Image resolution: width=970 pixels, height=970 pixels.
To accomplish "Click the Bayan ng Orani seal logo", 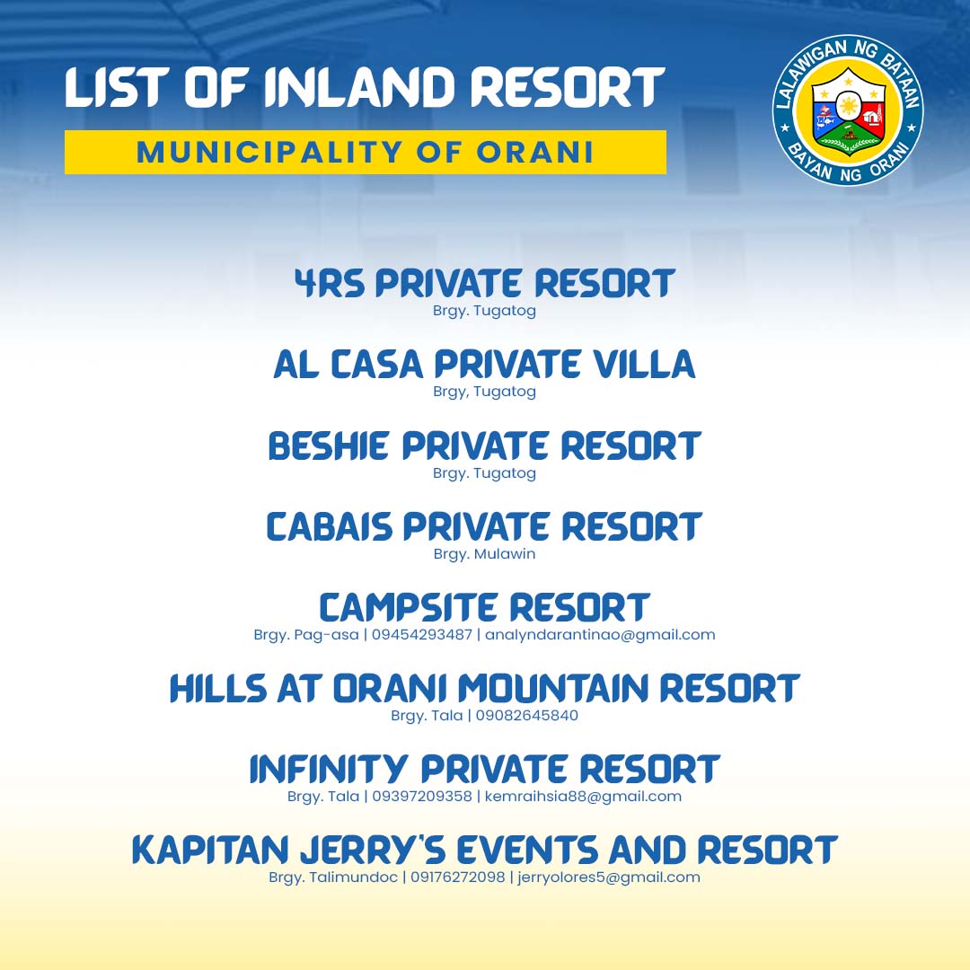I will pos(848,110).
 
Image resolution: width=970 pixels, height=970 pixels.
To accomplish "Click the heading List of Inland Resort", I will pos(364,89).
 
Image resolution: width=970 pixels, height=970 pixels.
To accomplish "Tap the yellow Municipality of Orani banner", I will pos(365,152).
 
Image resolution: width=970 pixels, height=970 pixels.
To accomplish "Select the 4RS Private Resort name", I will pos(484,284).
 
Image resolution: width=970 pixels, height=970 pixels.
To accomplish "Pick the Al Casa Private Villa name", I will pos(484,365).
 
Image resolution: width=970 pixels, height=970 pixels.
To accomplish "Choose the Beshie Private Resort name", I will pos(484,446).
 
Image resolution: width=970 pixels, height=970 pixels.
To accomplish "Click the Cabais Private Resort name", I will pos(484,527).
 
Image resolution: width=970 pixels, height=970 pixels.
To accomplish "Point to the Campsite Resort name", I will pos(484,608).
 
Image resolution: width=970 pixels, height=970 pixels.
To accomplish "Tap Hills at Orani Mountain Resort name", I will pos(484,689).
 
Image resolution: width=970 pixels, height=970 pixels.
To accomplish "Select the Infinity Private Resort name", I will pos(484,770).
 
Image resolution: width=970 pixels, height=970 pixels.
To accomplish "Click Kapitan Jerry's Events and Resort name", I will pos(484,851).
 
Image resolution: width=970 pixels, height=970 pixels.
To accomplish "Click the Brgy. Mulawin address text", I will pos(484,554).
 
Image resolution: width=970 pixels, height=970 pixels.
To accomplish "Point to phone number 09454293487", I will pos(420,635).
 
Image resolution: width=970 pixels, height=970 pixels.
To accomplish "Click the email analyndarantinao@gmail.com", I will pos(600,635).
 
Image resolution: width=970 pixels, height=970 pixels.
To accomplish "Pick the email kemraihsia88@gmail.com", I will pos(583,797).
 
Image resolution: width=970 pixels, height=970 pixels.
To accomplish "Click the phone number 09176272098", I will pos(458,877).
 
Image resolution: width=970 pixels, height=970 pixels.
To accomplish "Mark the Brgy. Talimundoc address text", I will pos(333,877).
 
